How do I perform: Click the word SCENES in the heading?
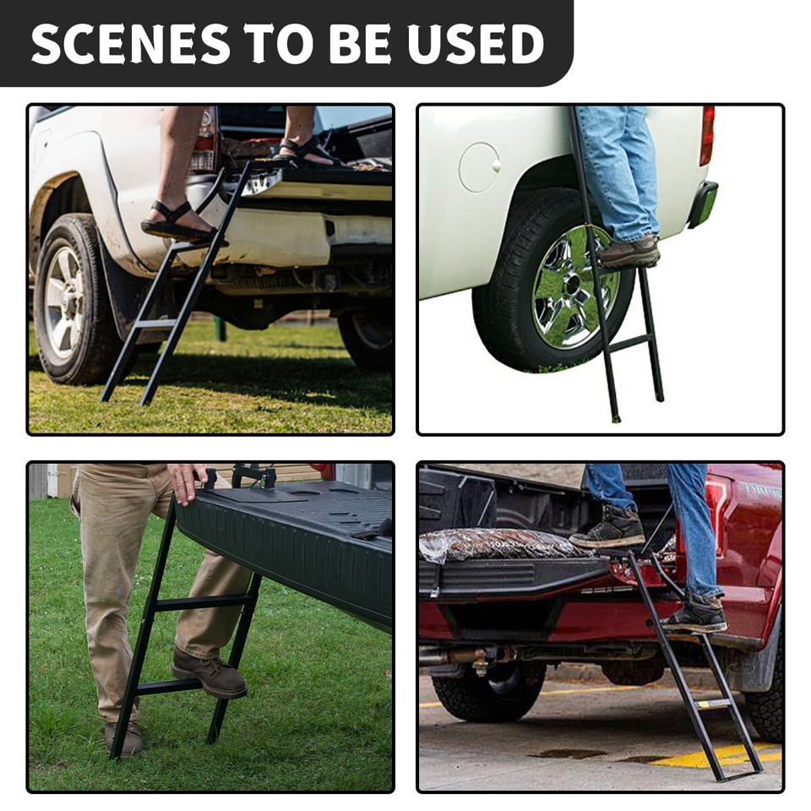pos(130,44)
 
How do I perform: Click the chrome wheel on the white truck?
pos(574,287)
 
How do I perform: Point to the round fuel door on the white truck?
pos(479,167)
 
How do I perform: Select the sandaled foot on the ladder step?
pos(177,223)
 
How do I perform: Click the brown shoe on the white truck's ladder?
pos(629,252)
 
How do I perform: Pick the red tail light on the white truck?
pos(707,135)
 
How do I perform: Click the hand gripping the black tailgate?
pos(187,481)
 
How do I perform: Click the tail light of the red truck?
pos(718,515)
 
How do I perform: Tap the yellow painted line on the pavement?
pos(718,754)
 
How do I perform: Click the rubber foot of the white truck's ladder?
pos(616,416)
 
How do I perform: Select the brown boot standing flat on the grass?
pos(123,738)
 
